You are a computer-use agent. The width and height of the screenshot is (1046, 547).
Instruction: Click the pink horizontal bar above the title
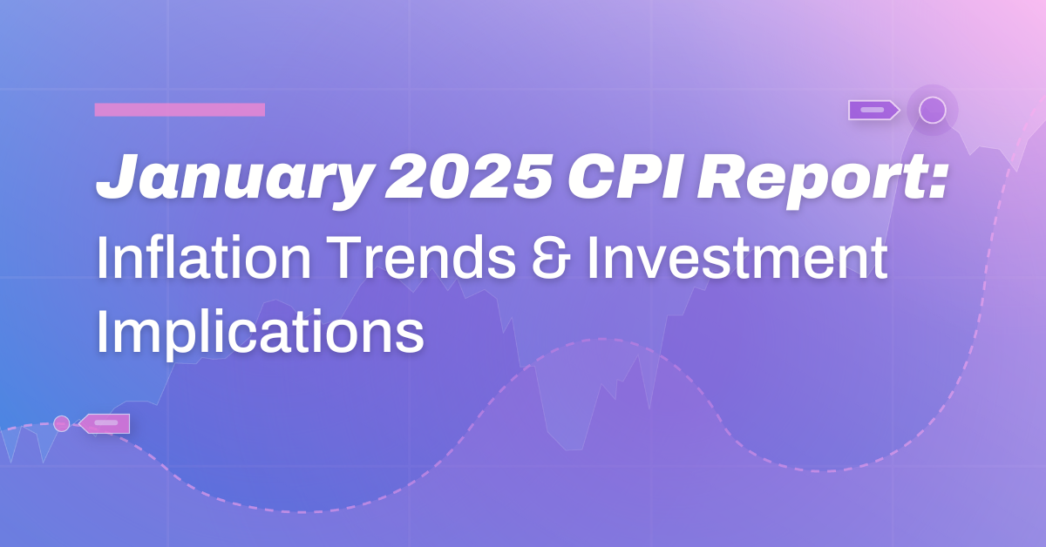click(180, 110)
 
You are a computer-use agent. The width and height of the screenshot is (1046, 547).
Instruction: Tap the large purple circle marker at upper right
click(932, 111)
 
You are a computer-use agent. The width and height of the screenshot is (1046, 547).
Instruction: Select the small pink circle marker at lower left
click(61, 423)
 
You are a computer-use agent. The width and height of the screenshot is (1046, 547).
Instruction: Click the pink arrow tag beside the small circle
click(105, 423)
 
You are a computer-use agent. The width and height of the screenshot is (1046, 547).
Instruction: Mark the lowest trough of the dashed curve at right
click(819, 471)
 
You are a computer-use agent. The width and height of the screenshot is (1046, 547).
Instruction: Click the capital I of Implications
click(102, 330)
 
